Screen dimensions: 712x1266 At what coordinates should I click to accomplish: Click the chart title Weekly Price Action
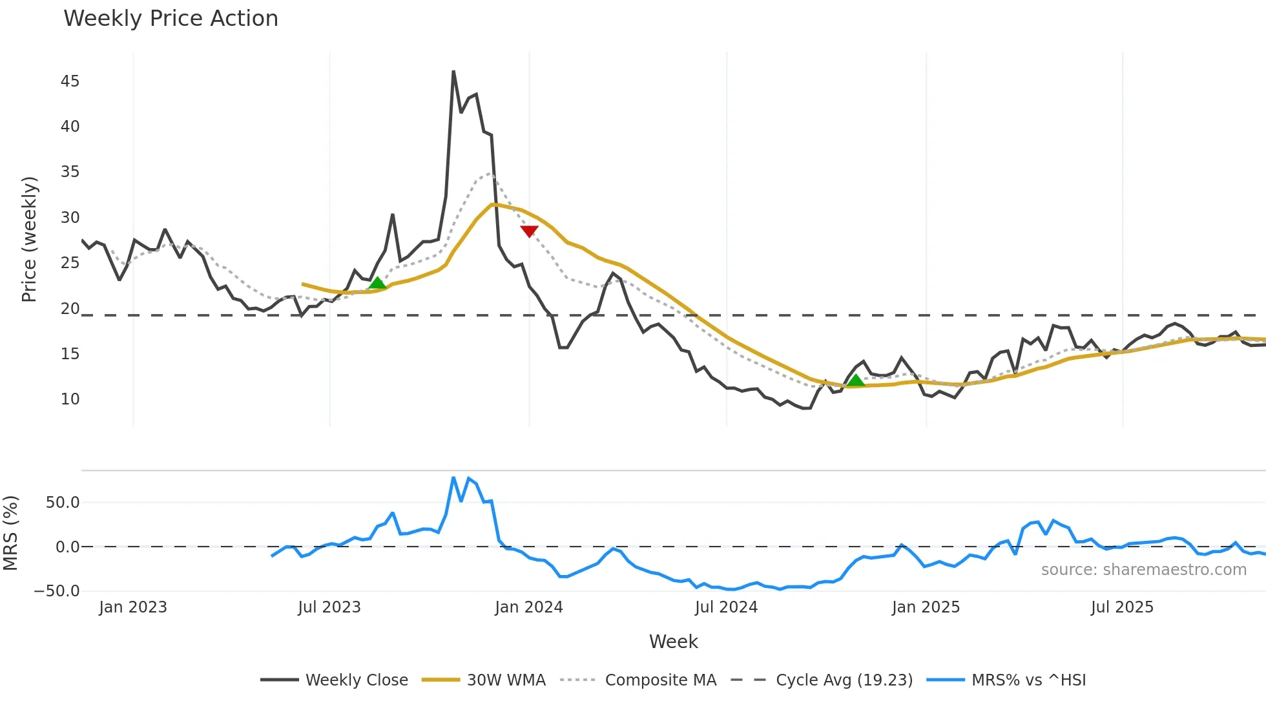point(171,19)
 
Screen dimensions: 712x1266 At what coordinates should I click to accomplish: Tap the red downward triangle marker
point(529,231)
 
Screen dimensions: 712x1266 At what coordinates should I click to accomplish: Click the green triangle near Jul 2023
point(377,283)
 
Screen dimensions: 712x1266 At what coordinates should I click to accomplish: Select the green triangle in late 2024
point(856,381)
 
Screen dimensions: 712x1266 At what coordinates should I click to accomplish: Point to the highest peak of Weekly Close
point(453,72)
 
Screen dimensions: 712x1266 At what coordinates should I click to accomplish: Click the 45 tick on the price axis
point(70,81)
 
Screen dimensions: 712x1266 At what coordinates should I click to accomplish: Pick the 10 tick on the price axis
point(70,399)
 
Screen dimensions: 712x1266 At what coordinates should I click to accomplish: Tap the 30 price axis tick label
point(70,218)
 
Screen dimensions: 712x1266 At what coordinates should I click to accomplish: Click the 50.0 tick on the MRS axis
point(63,503)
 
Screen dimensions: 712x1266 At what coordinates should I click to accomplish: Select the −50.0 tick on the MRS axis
point(57,591)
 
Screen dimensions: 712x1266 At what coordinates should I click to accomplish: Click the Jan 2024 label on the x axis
point(529,607)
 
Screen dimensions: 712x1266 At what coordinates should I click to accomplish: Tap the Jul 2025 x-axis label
point(1122,607)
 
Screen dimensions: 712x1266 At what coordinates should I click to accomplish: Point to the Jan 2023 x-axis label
point(133,607)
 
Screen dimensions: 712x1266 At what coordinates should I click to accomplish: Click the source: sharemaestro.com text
point(1143,570)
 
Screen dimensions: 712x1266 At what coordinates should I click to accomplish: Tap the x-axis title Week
point(673,642)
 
